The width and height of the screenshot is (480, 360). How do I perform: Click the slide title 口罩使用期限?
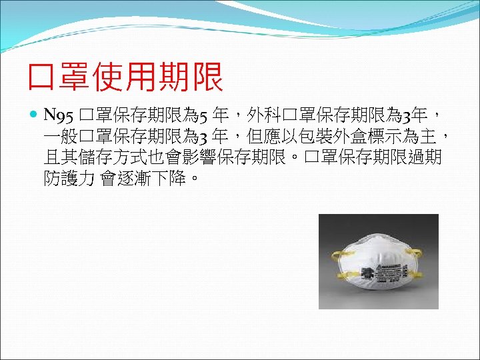click(125, 79)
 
